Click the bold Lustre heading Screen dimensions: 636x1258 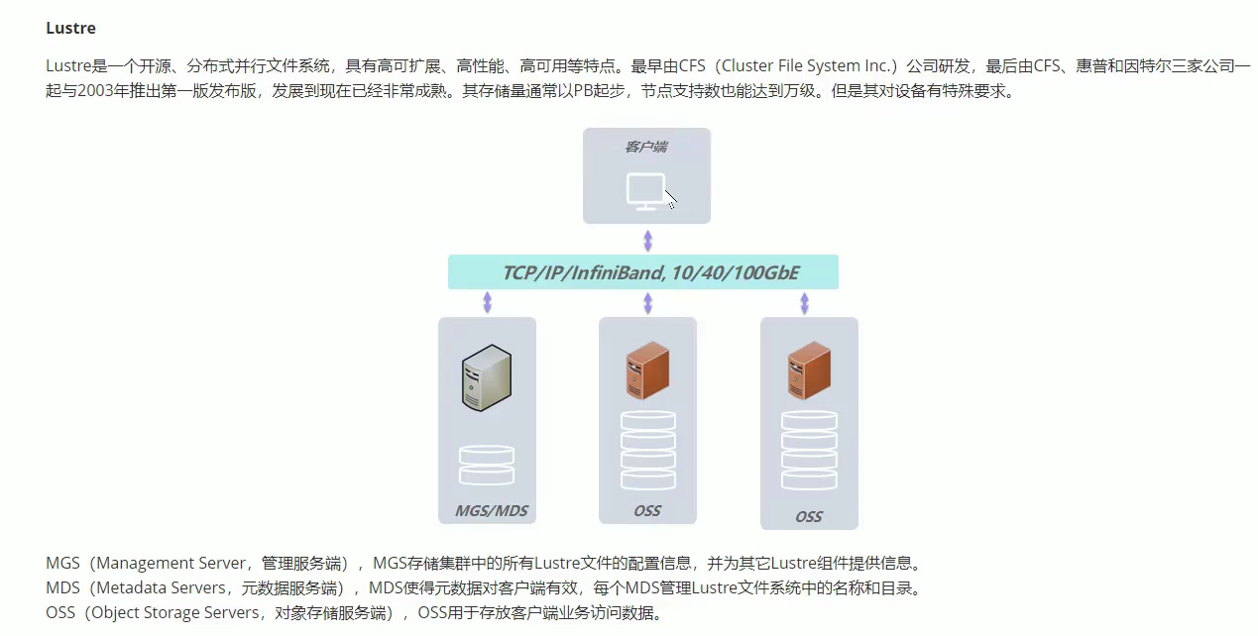coord(70,28)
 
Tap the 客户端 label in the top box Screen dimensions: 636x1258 coord(646,147)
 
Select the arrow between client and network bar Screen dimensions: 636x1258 coord(647,241)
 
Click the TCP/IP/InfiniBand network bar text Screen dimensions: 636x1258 coord(643,272)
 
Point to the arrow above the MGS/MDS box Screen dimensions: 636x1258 coord(487,302)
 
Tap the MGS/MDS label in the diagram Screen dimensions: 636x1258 coord(486,511)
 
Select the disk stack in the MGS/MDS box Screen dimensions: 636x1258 coord(487,465)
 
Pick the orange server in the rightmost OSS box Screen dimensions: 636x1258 coord(808,370)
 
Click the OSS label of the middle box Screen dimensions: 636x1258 coord(647,511)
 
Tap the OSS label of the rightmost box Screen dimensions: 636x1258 coord(808,517)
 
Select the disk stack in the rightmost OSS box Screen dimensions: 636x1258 coord(808,450)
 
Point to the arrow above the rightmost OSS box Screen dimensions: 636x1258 coord(804,302)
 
